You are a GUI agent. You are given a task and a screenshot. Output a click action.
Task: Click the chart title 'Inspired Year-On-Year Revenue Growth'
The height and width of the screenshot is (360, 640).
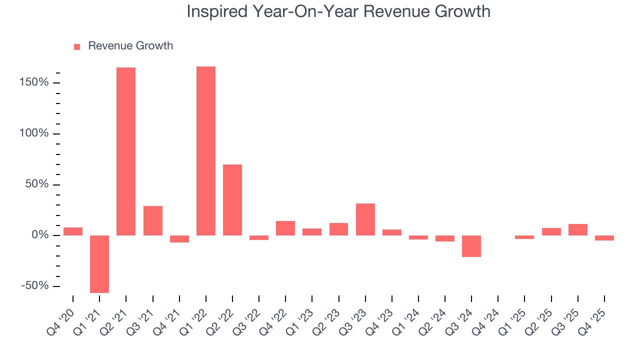[338, 11]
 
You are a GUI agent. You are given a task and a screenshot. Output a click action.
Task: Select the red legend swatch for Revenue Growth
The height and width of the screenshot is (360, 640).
[77, 46]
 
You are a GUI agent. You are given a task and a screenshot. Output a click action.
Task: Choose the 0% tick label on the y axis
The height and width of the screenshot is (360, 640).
[40, 235]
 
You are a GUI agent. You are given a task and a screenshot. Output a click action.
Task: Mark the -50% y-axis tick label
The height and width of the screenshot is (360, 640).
[35, 286]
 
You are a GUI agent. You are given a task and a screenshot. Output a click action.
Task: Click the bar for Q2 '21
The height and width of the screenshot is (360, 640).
[126, 151]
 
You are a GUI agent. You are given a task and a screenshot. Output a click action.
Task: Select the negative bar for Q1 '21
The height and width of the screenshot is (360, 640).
[99, 264]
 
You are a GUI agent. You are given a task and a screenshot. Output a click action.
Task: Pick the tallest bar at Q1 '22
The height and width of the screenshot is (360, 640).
[206, 151]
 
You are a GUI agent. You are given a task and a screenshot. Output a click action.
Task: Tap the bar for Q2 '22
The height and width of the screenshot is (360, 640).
[232, 200]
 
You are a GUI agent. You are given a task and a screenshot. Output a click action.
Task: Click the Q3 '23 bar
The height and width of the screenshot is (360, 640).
[365, 219]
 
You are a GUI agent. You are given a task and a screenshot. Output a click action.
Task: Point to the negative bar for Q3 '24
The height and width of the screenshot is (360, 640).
[471, 246]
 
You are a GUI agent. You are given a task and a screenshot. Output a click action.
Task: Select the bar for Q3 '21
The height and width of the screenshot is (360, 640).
[153, 220]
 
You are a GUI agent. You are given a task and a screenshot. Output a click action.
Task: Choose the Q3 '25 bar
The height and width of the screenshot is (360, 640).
[578, 229]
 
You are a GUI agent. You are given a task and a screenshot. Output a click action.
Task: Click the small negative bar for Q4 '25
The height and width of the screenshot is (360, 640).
[604, 238]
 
